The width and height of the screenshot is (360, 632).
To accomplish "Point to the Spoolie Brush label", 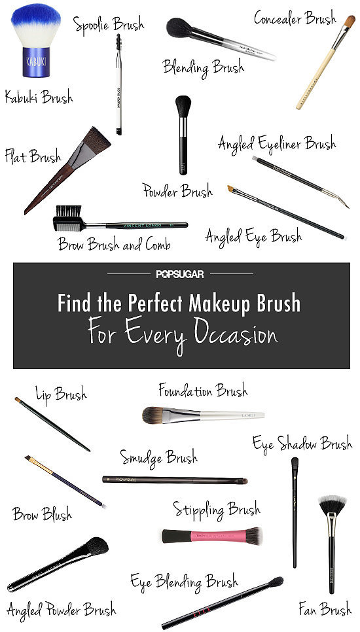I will (109, 26).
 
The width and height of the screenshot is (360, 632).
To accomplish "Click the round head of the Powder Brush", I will (184, 105).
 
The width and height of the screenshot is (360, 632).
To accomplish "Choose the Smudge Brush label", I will (158, 457).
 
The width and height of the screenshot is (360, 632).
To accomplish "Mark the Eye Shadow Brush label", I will (302, 444).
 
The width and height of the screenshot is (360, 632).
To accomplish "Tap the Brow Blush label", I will (42, 514).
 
